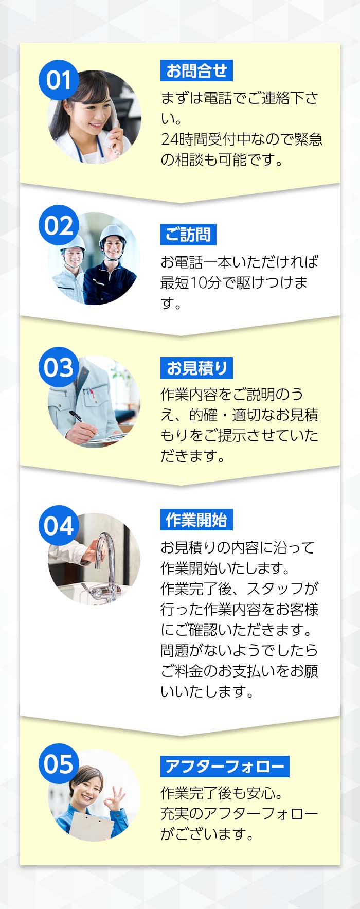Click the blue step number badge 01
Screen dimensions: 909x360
click(59, 80)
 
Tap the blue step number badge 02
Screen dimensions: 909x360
click(59, 225)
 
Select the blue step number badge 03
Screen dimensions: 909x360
click(59, 367)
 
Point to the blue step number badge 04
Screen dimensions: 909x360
click(59, 526)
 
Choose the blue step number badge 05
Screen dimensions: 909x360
click(59, 764)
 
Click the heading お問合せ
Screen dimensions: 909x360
click(196, 70)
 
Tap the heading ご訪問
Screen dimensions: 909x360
click(188, 235)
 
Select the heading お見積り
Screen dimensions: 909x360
click(196, 368)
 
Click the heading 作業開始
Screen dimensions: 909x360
click(196, 520)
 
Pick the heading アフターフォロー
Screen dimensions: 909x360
click(225, 767)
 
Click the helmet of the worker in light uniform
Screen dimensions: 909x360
click(73, 241)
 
